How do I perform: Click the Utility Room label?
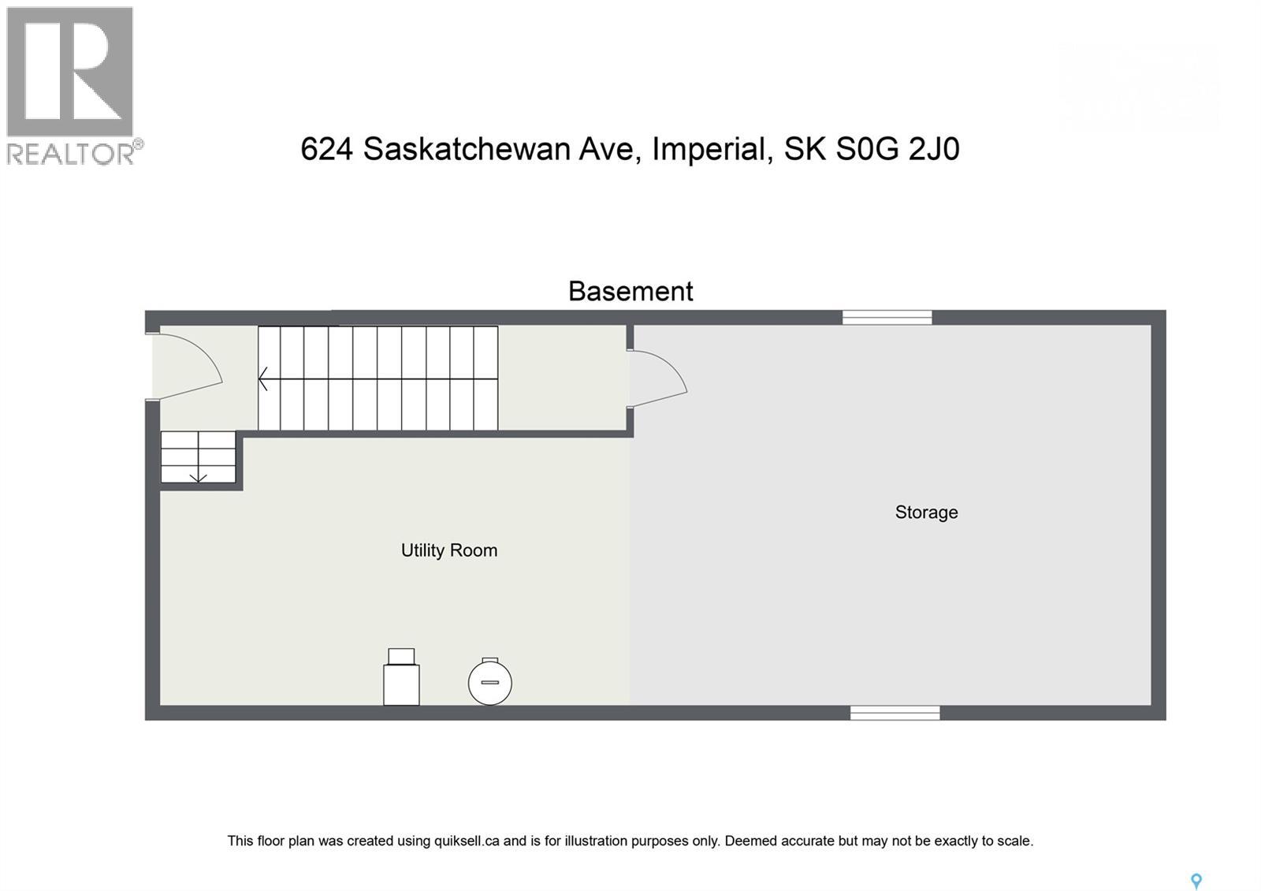tap(448, 550)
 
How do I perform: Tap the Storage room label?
tap(926, 513)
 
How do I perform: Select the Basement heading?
tap(630, 291)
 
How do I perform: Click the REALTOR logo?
tap(72, 85)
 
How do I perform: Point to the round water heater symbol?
tap(490, 683)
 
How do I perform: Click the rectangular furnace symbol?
tap(401, 679)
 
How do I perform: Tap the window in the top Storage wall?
tap(887, 317)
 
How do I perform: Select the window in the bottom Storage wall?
tap(895, 713)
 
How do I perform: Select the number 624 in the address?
tap(326, 149)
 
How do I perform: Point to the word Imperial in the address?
tap(712, 149)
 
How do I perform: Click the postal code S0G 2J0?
tap(897, 149)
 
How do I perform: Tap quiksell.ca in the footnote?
tap(467, 841)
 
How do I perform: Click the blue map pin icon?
tap(1196, 881)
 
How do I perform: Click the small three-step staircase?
tap(198, 457)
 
